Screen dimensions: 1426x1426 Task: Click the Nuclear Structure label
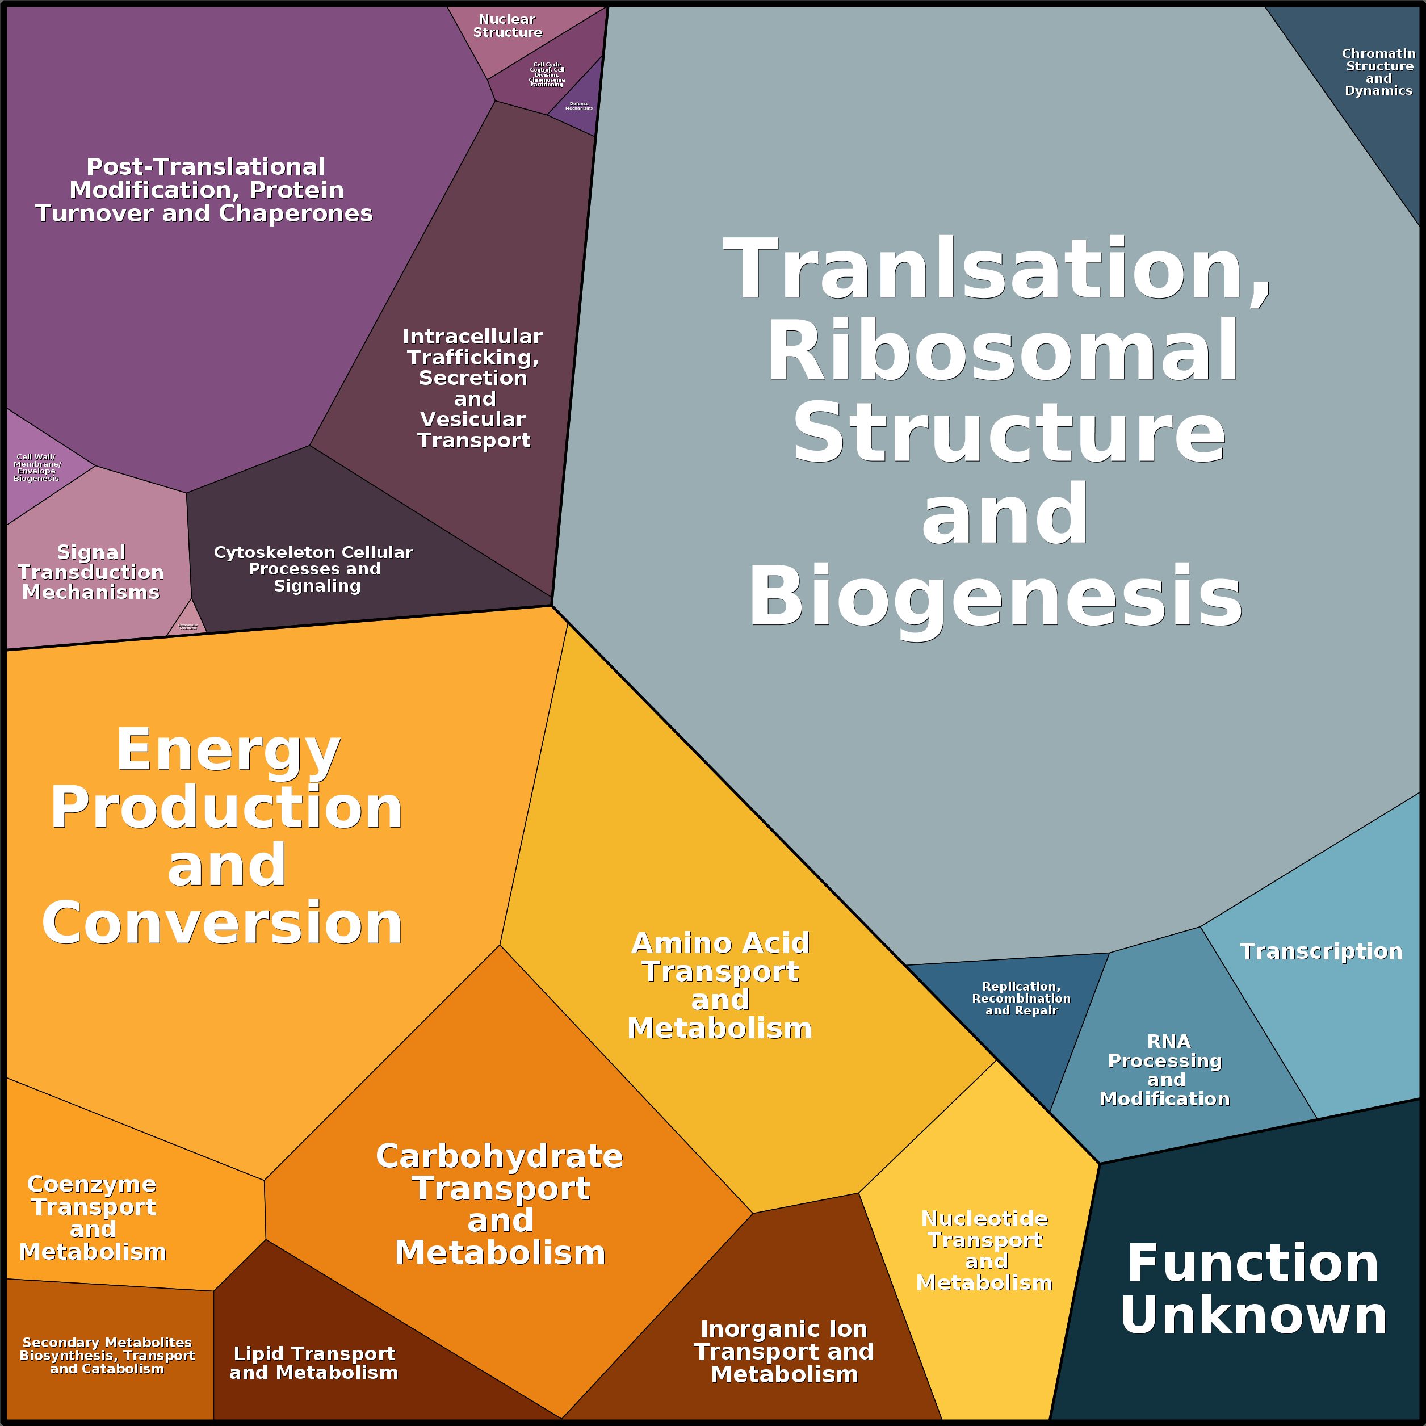tap(507, 26)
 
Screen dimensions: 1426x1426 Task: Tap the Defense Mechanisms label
tap(578, 106)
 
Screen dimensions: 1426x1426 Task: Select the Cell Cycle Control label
tap(547, 74)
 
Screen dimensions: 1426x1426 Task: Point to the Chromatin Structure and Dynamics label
tap(1378, 72)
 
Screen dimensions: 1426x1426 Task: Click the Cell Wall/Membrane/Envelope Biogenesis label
tap(36, 467)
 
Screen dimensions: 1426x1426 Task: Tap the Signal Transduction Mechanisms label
tap(91, 572)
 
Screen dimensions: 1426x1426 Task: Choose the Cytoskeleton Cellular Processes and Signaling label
tap(314, 569)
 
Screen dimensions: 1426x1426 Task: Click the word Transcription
tap(1320, 951)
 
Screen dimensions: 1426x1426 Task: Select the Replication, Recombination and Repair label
tap(1021, 998)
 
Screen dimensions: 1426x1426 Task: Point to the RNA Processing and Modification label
tap(1165, 1069)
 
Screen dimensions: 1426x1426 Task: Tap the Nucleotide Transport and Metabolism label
tap(984, 1251)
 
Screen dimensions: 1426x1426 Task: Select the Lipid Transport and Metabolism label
tap(314, 1362)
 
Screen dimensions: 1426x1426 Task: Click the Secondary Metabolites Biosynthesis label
tap(107, 1355)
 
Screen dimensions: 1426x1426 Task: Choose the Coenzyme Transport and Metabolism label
tap(93, 1218)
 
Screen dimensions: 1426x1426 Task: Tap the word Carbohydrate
tap(499, 1156)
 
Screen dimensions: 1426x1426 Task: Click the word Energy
tap(228, 750)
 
